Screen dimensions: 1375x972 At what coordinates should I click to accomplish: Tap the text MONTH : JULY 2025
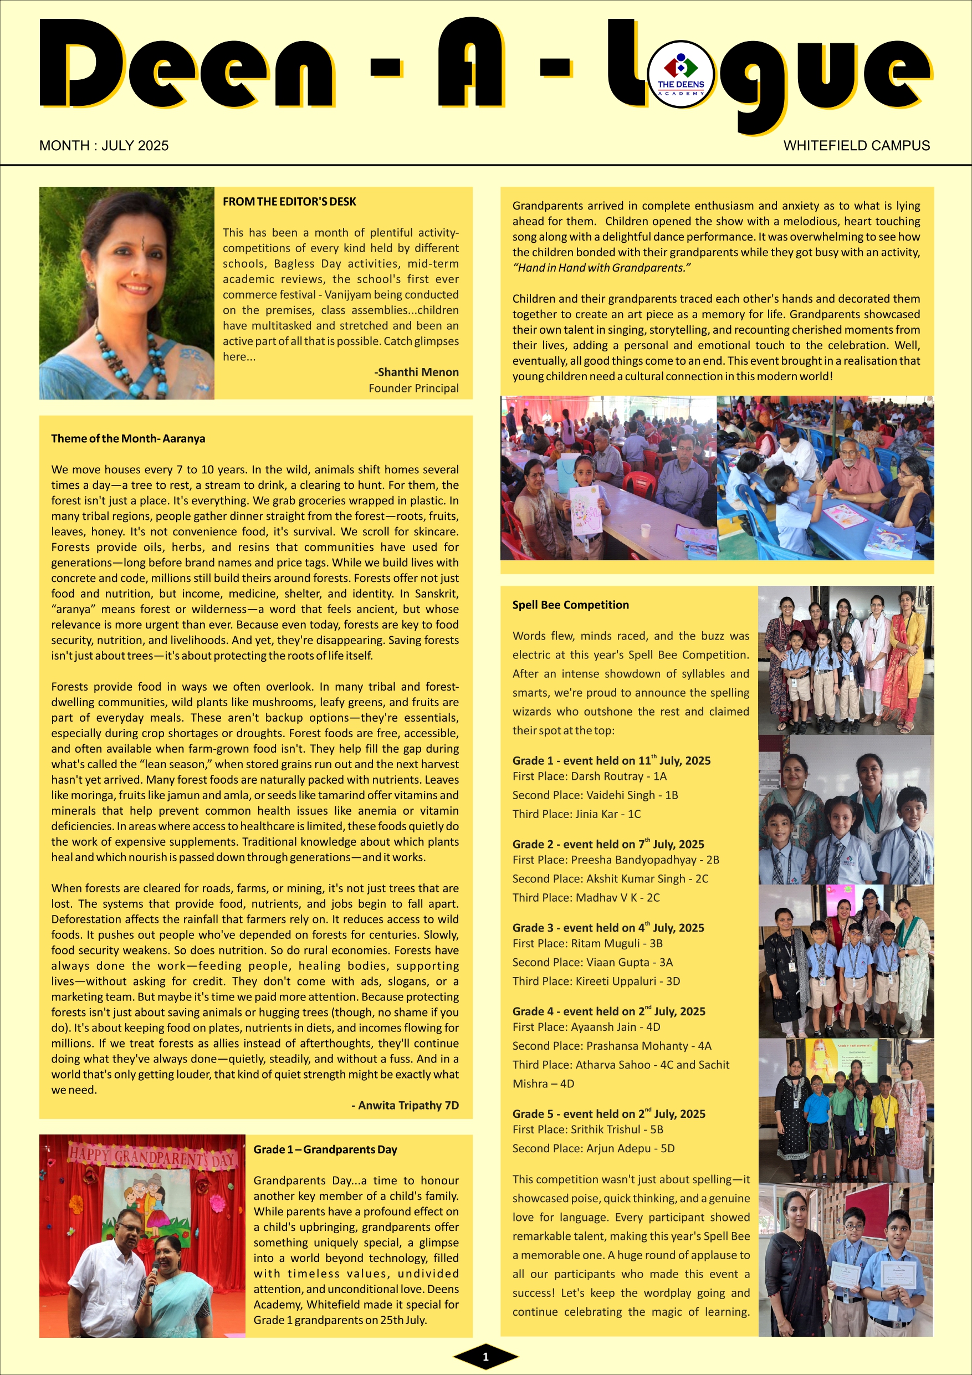pos(104,146)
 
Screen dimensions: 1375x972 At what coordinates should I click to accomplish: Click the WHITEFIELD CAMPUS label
pos(856,146)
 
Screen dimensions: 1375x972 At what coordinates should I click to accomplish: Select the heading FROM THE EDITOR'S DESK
pos(289,202)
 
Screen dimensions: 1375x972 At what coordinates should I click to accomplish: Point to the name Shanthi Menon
pos(417,372)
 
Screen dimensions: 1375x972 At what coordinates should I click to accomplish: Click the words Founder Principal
pos(414,388)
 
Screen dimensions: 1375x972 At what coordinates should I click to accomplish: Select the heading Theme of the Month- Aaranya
pos(128,438)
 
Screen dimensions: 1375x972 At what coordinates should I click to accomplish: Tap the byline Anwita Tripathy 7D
pos(405,1105)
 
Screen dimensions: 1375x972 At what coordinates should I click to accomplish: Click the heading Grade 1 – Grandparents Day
pos(325,1149)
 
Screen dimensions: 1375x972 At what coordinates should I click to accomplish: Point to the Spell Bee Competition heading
pos(570,605)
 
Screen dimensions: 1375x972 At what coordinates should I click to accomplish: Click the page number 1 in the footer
pos(485,1357)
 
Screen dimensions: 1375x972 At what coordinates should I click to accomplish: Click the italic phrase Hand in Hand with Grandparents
pos(601,268)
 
